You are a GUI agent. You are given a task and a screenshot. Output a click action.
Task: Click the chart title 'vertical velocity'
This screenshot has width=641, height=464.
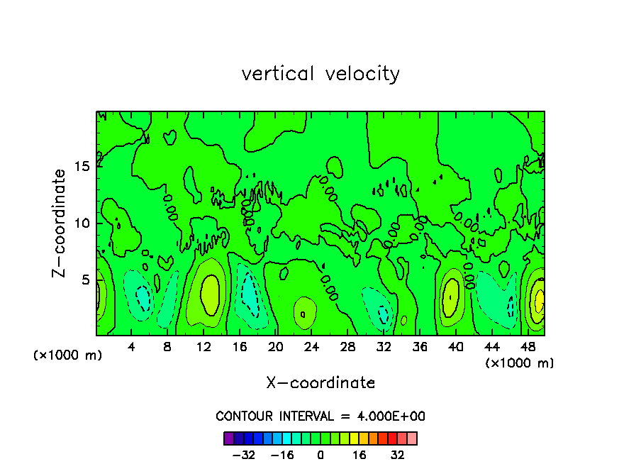coord(320,74)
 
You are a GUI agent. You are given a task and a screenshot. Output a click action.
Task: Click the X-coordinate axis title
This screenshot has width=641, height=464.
coord(320,382)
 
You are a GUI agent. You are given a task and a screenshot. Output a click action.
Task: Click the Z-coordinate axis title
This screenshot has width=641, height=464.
coord(60,223)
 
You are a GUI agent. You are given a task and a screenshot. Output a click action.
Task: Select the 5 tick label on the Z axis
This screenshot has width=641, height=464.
coord(85,280)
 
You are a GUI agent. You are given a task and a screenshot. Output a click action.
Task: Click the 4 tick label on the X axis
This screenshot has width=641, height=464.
coord(131,346)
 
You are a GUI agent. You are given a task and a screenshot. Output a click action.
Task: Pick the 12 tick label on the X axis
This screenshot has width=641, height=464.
coord(204,346)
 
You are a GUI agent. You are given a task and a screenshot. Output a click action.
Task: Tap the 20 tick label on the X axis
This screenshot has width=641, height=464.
coord(276,346)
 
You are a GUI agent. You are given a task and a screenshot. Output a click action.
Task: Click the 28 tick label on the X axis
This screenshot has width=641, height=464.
coord(348,346)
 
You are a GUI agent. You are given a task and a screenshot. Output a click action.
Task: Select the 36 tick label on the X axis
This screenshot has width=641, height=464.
coord(420,346)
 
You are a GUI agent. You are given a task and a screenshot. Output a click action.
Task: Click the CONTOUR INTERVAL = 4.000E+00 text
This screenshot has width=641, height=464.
coord(320,416)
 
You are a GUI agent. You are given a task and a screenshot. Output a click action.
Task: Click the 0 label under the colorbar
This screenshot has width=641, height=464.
coord(320,455)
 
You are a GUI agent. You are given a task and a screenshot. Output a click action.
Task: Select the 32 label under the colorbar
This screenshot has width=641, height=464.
coord(398,455)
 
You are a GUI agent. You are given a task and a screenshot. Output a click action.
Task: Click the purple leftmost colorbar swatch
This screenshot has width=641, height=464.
coord(228,438)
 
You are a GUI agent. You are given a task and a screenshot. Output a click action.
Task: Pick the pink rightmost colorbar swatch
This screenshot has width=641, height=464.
coord(412,438)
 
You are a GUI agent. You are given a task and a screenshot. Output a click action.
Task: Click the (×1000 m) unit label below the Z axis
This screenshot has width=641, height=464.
coord(68,355)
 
